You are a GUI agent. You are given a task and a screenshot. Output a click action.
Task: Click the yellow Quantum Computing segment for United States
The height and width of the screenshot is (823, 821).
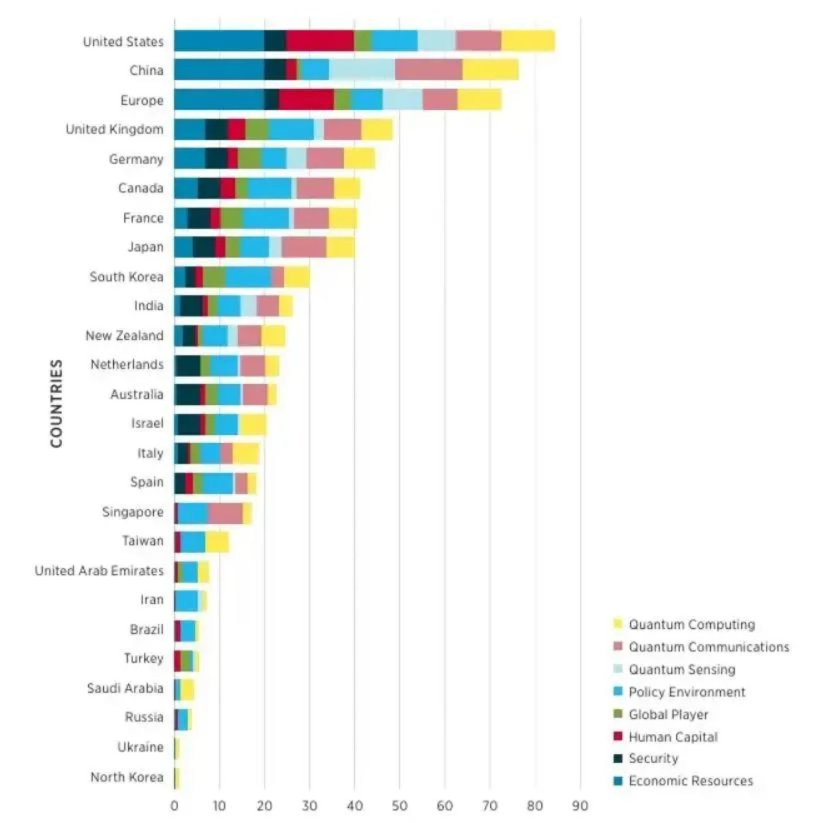528,41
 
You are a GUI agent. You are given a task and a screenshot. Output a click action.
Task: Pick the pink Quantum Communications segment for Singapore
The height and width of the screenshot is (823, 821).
225,513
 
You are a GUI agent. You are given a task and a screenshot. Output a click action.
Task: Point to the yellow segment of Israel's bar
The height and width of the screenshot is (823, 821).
252,424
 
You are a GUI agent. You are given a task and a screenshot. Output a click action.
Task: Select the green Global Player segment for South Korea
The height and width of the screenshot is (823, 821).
214,277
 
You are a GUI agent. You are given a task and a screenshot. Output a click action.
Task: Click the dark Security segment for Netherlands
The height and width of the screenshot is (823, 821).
188,365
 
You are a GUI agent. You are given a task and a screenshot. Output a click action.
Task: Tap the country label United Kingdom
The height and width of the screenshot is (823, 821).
114,129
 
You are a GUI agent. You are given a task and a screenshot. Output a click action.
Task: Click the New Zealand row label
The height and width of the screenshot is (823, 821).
124,336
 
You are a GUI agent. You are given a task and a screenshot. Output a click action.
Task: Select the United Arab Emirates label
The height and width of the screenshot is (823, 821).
99,571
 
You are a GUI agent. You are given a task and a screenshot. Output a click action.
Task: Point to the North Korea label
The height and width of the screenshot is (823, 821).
127,777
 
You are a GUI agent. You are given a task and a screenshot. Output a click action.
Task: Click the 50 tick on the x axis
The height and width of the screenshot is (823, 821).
399,806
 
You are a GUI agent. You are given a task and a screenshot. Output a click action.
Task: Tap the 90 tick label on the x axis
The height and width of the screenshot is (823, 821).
580,806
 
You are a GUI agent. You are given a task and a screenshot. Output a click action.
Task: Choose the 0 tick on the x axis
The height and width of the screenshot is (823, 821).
174,806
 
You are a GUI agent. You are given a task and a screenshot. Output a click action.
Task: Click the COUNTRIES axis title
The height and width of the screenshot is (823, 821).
56,404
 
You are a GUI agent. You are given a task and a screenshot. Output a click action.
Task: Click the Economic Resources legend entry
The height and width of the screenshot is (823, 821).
690,781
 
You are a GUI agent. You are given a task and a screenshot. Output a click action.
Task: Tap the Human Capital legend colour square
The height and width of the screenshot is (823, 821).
618,736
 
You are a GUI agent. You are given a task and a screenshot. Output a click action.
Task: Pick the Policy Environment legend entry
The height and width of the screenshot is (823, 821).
687,692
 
